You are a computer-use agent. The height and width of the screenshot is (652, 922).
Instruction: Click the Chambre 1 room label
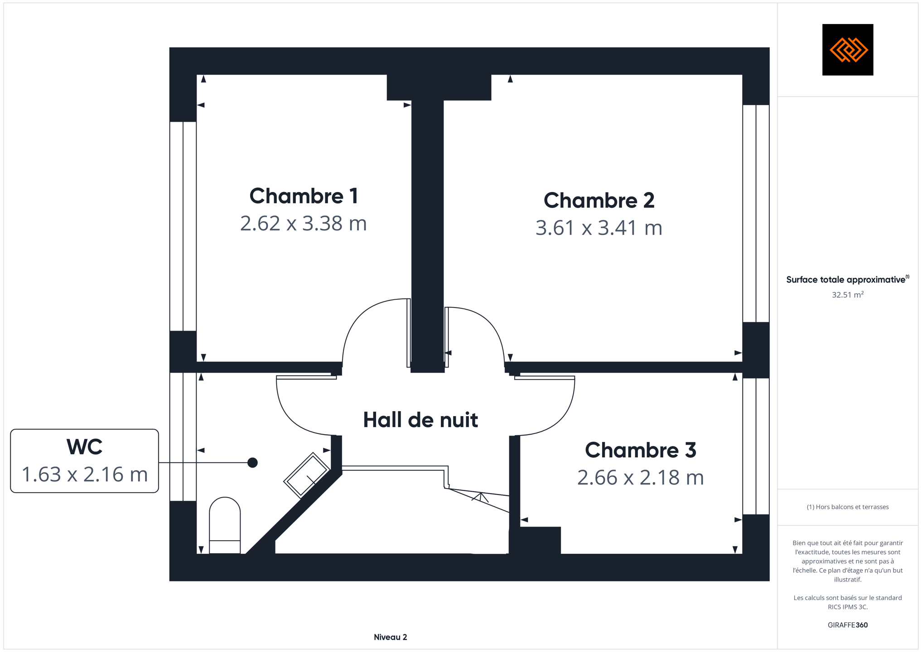tap(304, 196)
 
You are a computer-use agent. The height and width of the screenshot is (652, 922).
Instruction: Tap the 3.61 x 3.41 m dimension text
tap(599, 227)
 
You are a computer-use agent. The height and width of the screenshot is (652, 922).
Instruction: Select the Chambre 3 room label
tap(640, 450)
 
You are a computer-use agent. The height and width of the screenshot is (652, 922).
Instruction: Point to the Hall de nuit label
tap(420, 420)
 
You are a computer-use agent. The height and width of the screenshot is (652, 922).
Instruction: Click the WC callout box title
tap(84, 447)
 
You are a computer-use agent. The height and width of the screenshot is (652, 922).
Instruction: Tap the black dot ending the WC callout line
tap(252, 462)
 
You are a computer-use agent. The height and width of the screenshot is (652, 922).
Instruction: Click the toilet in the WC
tap(225, 525)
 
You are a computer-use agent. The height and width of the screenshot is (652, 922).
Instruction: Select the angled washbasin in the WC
tap(307, 475)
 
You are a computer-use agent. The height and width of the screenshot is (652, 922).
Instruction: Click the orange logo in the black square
tap(848, 49)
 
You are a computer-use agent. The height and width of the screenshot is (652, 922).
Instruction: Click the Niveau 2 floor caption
tap(390, 637)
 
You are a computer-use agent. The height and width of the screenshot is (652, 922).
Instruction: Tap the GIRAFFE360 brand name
tap(847, 625)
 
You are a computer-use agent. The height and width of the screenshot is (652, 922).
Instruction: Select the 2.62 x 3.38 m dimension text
tap(303, 223)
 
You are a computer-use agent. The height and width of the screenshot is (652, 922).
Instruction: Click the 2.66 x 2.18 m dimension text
tap(640, 477)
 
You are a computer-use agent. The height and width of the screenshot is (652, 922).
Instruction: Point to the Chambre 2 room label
tap(599, 200)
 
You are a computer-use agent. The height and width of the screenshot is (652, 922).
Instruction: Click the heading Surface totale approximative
tap(845, 279)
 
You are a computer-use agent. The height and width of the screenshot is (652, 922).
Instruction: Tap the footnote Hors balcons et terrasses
tap(847, 507)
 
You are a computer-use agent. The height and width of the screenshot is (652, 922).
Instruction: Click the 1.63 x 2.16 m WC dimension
tap(84, 474)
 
